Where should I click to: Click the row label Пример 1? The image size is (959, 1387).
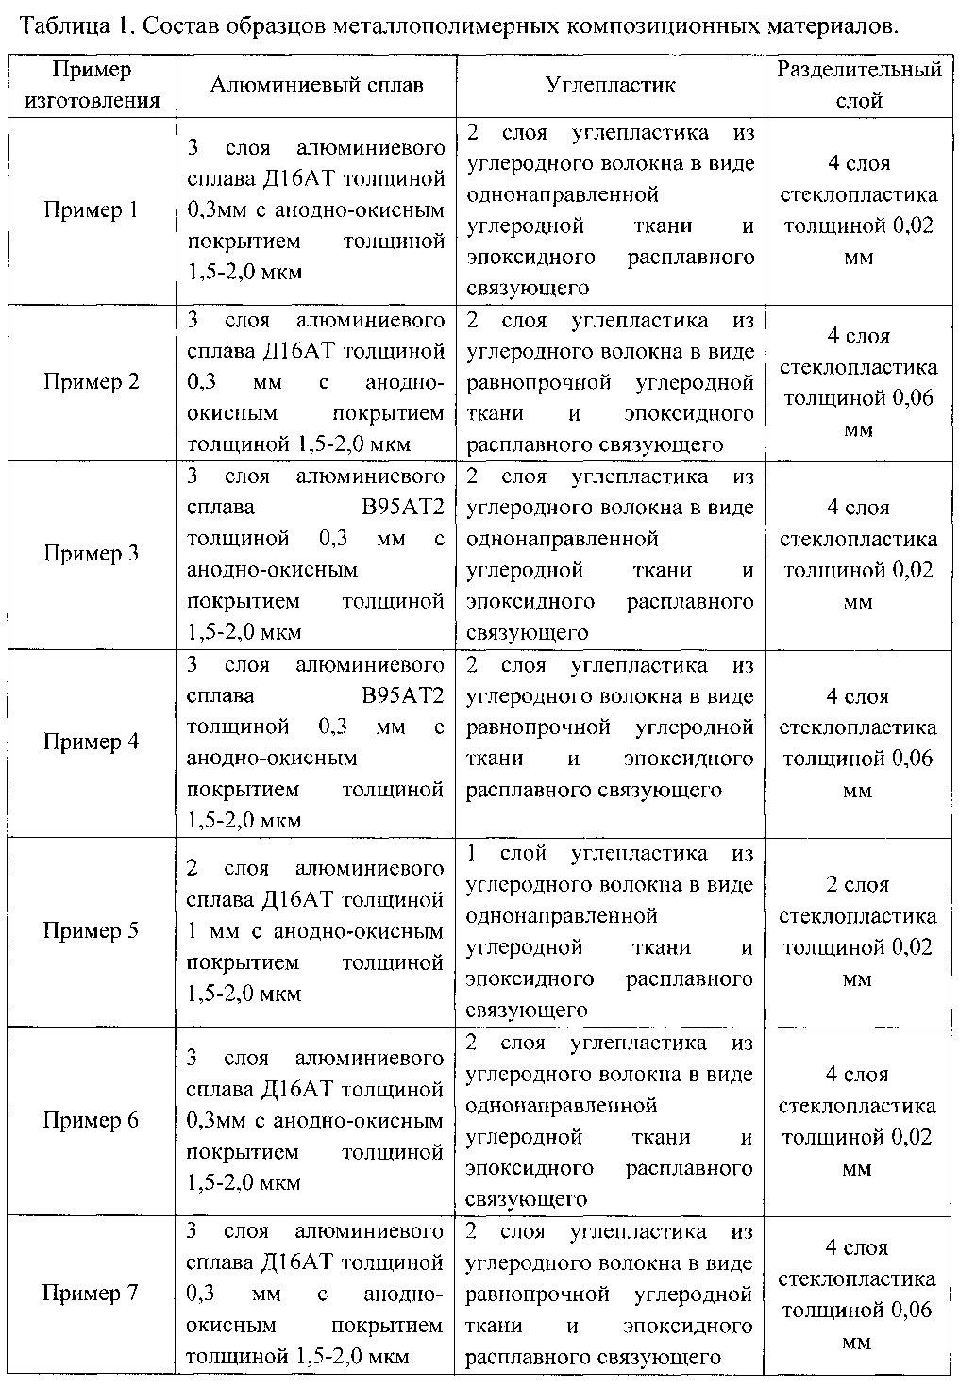91,209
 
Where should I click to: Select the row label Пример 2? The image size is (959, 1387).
91,382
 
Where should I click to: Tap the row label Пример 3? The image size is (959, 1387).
91,554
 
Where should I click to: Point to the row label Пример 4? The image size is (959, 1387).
91,742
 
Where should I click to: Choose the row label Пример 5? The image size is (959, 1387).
91,931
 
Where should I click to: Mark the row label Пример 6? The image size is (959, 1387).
91,1120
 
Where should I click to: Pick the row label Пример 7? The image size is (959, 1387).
91,1293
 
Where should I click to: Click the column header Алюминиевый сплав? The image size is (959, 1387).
316,85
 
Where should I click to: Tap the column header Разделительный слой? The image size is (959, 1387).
859,85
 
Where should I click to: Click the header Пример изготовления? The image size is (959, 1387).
91,85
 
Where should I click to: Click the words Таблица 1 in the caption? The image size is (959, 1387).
71,25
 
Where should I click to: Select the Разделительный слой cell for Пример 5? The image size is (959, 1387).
858,931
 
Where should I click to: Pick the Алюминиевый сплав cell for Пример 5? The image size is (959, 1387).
315,931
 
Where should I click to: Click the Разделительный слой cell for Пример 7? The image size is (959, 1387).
858,1293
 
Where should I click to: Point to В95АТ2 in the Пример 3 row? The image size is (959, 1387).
404,508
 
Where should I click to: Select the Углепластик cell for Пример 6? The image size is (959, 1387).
610,1120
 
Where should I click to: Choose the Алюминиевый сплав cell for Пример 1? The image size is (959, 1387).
316,209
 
